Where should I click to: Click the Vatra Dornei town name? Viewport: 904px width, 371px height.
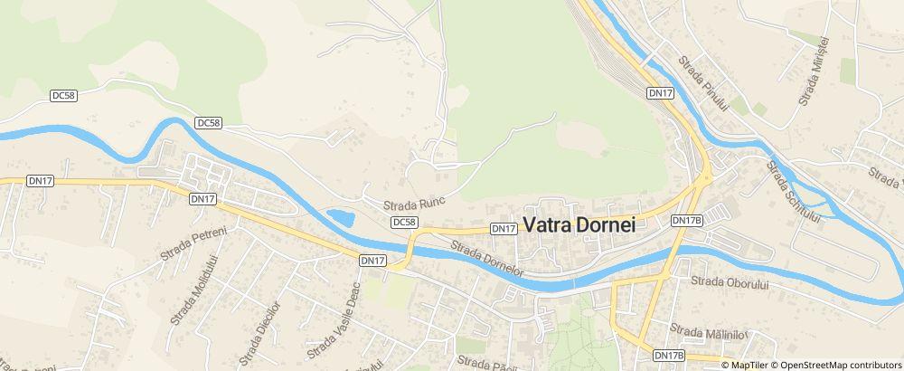pyautogui.click(x=579, y=226)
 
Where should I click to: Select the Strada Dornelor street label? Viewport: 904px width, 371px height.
pyautogui.click(x=487, y=257)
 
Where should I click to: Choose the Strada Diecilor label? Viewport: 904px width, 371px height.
pyautogui.click(x=268, y=319)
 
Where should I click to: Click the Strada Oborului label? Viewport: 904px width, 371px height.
pyautogui.click(x=729, y=282)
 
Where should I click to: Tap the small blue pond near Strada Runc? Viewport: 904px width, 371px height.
pyautogui.click(x=340, y=218)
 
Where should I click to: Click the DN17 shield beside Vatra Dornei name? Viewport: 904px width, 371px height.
pyautogui.click(x=504, y=229)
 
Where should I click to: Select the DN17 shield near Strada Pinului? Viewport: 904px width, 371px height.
pyautogui.click(x=660, y=93)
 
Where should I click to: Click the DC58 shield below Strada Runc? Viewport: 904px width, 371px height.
pyautogui.click(x=405, y=222)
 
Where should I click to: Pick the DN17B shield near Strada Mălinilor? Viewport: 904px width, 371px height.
pyautogui.click(x=669, y=356)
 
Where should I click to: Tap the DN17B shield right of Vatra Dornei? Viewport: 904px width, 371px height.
pyautogui.click(x=687, y=220)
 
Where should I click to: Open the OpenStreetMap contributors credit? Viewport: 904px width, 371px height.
pyautogui.click(x=841, y=365)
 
